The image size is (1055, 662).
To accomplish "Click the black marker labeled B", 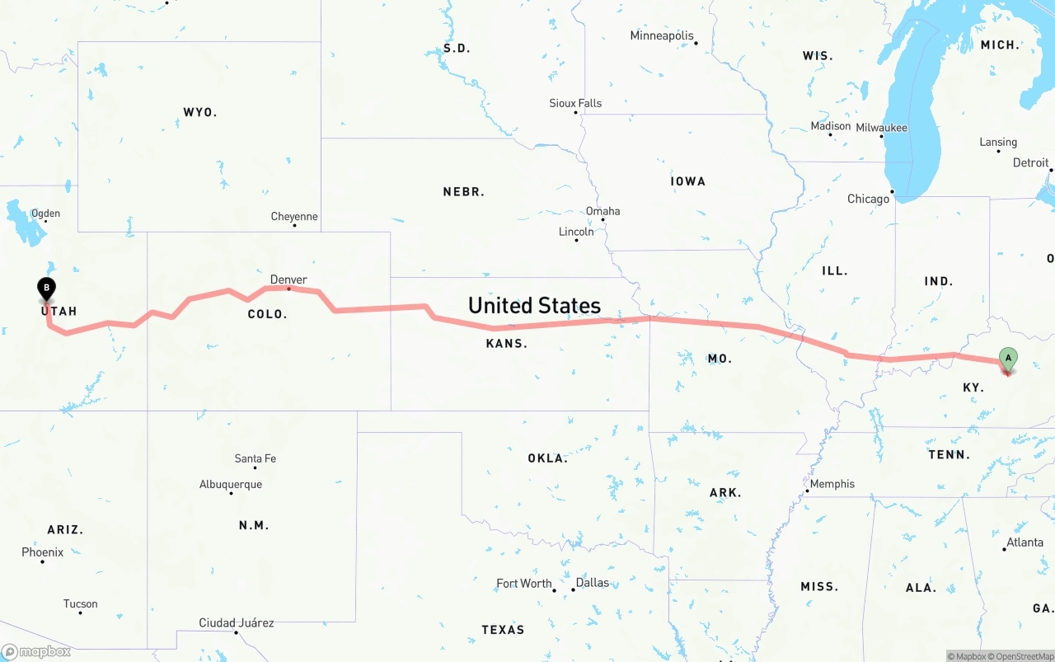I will pos(47,289).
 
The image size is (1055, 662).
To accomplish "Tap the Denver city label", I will pos(288,279).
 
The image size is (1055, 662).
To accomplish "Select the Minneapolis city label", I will pos(661,35).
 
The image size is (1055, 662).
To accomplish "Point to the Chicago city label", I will pos(868,199).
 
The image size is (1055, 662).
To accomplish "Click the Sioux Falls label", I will pos(575,103).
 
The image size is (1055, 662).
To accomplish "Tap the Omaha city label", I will pos(603,211).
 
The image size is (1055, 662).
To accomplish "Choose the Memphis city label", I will pos(832,484).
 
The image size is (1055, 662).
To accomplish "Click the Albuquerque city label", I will pos(231,484).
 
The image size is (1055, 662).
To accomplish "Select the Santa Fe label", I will pos(255,458).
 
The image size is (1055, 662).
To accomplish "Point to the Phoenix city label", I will pos(42,552).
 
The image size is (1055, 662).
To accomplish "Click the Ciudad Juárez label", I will pos(236,622).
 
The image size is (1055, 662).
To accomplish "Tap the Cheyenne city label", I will pos(294,216).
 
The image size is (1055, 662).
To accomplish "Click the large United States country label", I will pos(534,306).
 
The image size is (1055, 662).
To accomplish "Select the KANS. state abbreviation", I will pos(506,343).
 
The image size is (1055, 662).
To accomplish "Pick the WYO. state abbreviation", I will pos(199,111).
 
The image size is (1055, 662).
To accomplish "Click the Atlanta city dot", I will pos(1005,549).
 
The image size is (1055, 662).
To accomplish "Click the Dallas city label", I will pos(592,583).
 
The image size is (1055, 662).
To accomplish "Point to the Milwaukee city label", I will pos(881,128).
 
